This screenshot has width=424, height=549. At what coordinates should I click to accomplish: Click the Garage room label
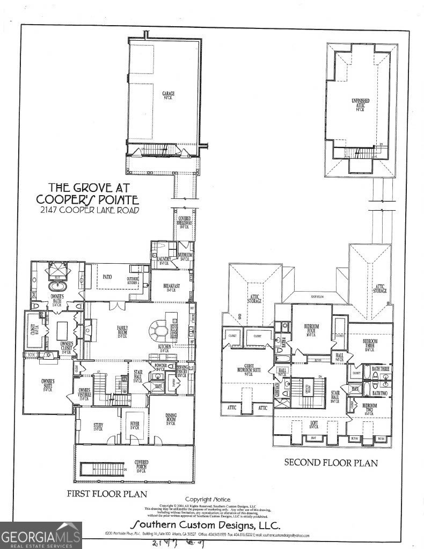tap(169, 95)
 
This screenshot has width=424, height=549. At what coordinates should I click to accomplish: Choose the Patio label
tap(107, 277)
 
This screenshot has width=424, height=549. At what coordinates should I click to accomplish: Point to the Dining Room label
tap(171, 420)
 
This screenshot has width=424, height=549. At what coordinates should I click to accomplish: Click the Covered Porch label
tap(141, 463)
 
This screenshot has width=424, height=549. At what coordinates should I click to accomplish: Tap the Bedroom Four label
tap(312, 329)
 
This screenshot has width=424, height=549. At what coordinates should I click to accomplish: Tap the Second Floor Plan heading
tap(331, 462)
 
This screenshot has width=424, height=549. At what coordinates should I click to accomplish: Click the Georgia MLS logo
tap(41, 535)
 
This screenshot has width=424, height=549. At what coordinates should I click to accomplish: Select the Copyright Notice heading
tap(207, 498)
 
